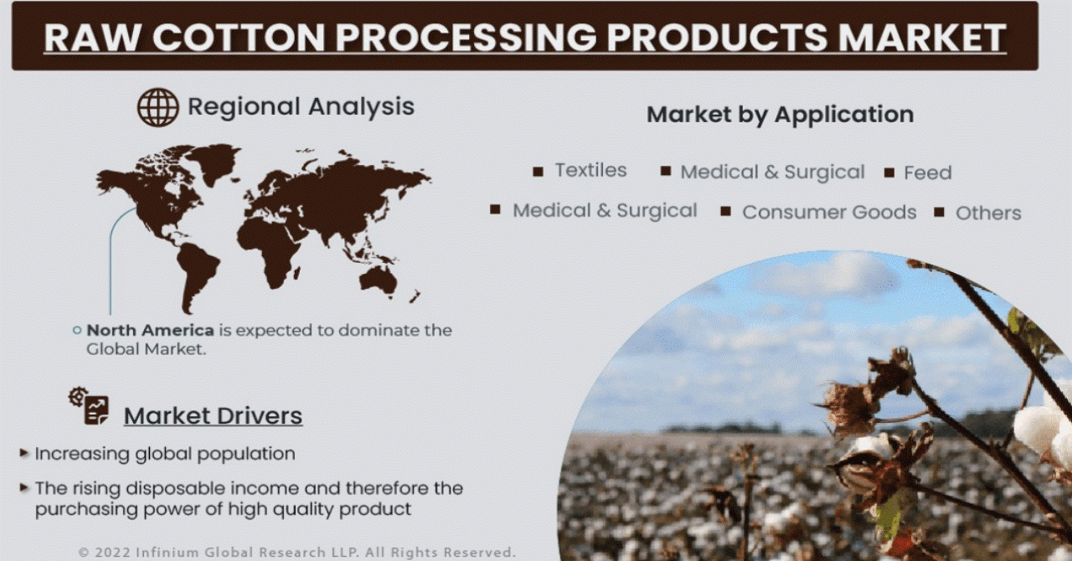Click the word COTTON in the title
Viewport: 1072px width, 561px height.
click(x=239, y=37)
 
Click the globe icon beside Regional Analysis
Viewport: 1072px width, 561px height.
click(x=158, y=106)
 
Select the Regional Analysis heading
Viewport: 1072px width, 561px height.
click(x=301, y=106)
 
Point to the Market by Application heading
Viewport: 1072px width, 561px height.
click(x=780, y=115)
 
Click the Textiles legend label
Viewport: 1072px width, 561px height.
click(x=590, y=170)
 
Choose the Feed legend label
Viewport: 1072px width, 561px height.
click(x=927, y=172)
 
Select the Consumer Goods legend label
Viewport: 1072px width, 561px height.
click(x=829, y=212)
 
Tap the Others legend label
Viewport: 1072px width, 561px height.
click(x=988, y=213)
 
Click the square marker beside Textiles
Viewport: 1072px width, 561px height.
click(x=538, y=172)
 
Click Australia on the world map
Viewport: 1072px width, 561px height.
click(x=378, y=279)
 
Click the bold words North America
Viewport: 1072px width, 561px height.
click(x=150, y=330)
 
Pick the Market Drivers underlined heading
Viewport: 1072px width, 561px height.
click(x=213, y=415)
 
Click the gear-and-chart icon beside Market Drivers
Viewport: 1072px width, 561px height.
click(x=89, y=406)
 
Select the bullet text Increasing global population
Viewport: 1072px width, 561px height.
click(x=165, y=454)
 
